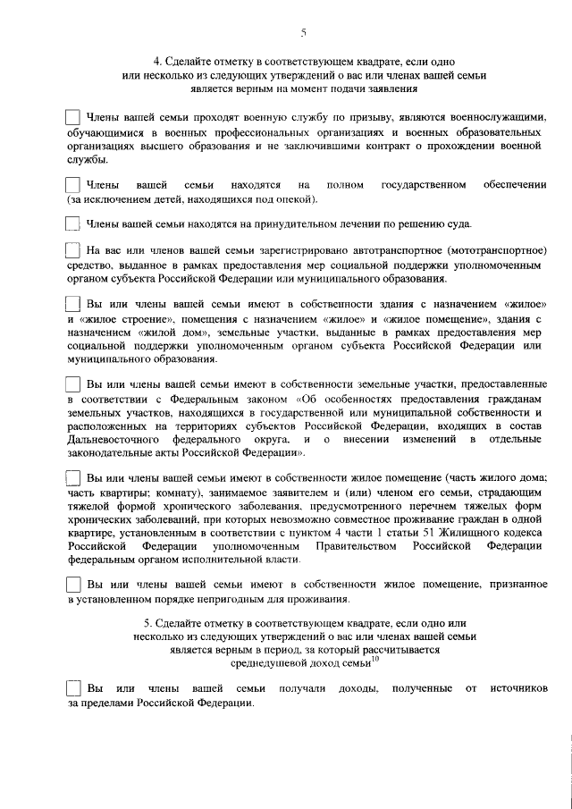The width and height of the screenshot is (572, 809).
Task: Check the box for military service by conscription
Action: point(73,118)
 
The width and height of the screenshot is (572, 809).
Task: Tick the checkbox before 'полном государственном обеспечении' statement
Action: point(73,184)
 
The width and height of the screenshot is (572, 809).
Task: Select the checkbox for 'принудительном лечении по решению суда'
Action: point(73,223)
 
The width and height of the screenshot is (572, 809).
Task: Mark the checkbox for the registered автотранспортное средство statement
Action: point(73,251)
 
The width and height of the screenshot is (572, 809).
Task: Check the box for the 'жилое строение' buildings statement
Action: point(73,305)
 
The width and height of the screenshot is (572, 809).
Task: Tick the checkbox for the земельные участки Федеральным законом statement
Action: point(73,383)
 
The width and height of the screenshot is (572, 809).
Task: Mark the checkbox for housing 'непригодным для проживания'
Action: point(73,584)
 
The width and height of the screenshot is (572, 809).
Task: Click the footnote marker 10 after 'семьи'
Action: point(375,661)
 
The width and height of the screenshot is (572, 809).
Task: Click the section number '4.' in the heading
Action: point(157,62)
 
